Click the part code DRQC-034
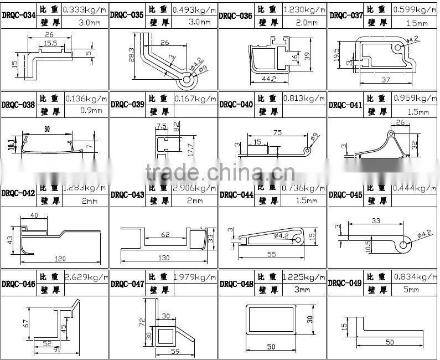pos(19,16)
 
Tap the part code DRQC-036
pos(236,16)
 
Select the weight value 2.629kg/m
pos(84,277)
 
